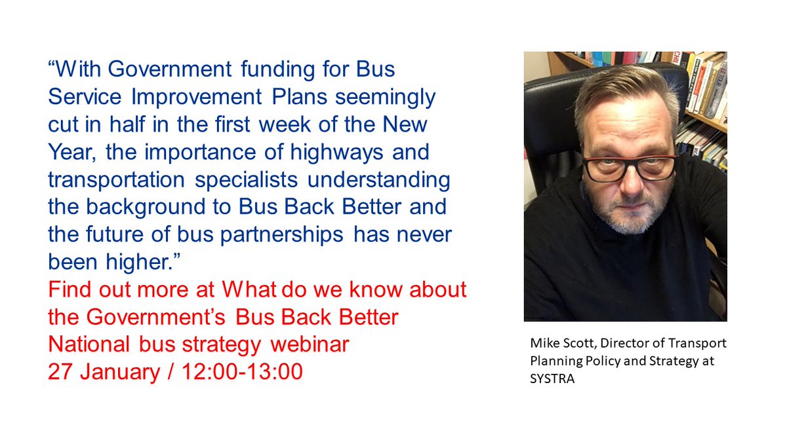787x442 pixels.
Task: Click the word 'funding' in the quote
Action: point(270,69)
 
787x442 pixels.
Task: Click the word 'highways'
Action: point(338,152)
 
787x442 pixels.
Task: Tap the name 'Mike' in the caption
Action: point(542,344)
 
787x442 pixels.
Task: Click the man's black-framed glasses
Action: point(628,167)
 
